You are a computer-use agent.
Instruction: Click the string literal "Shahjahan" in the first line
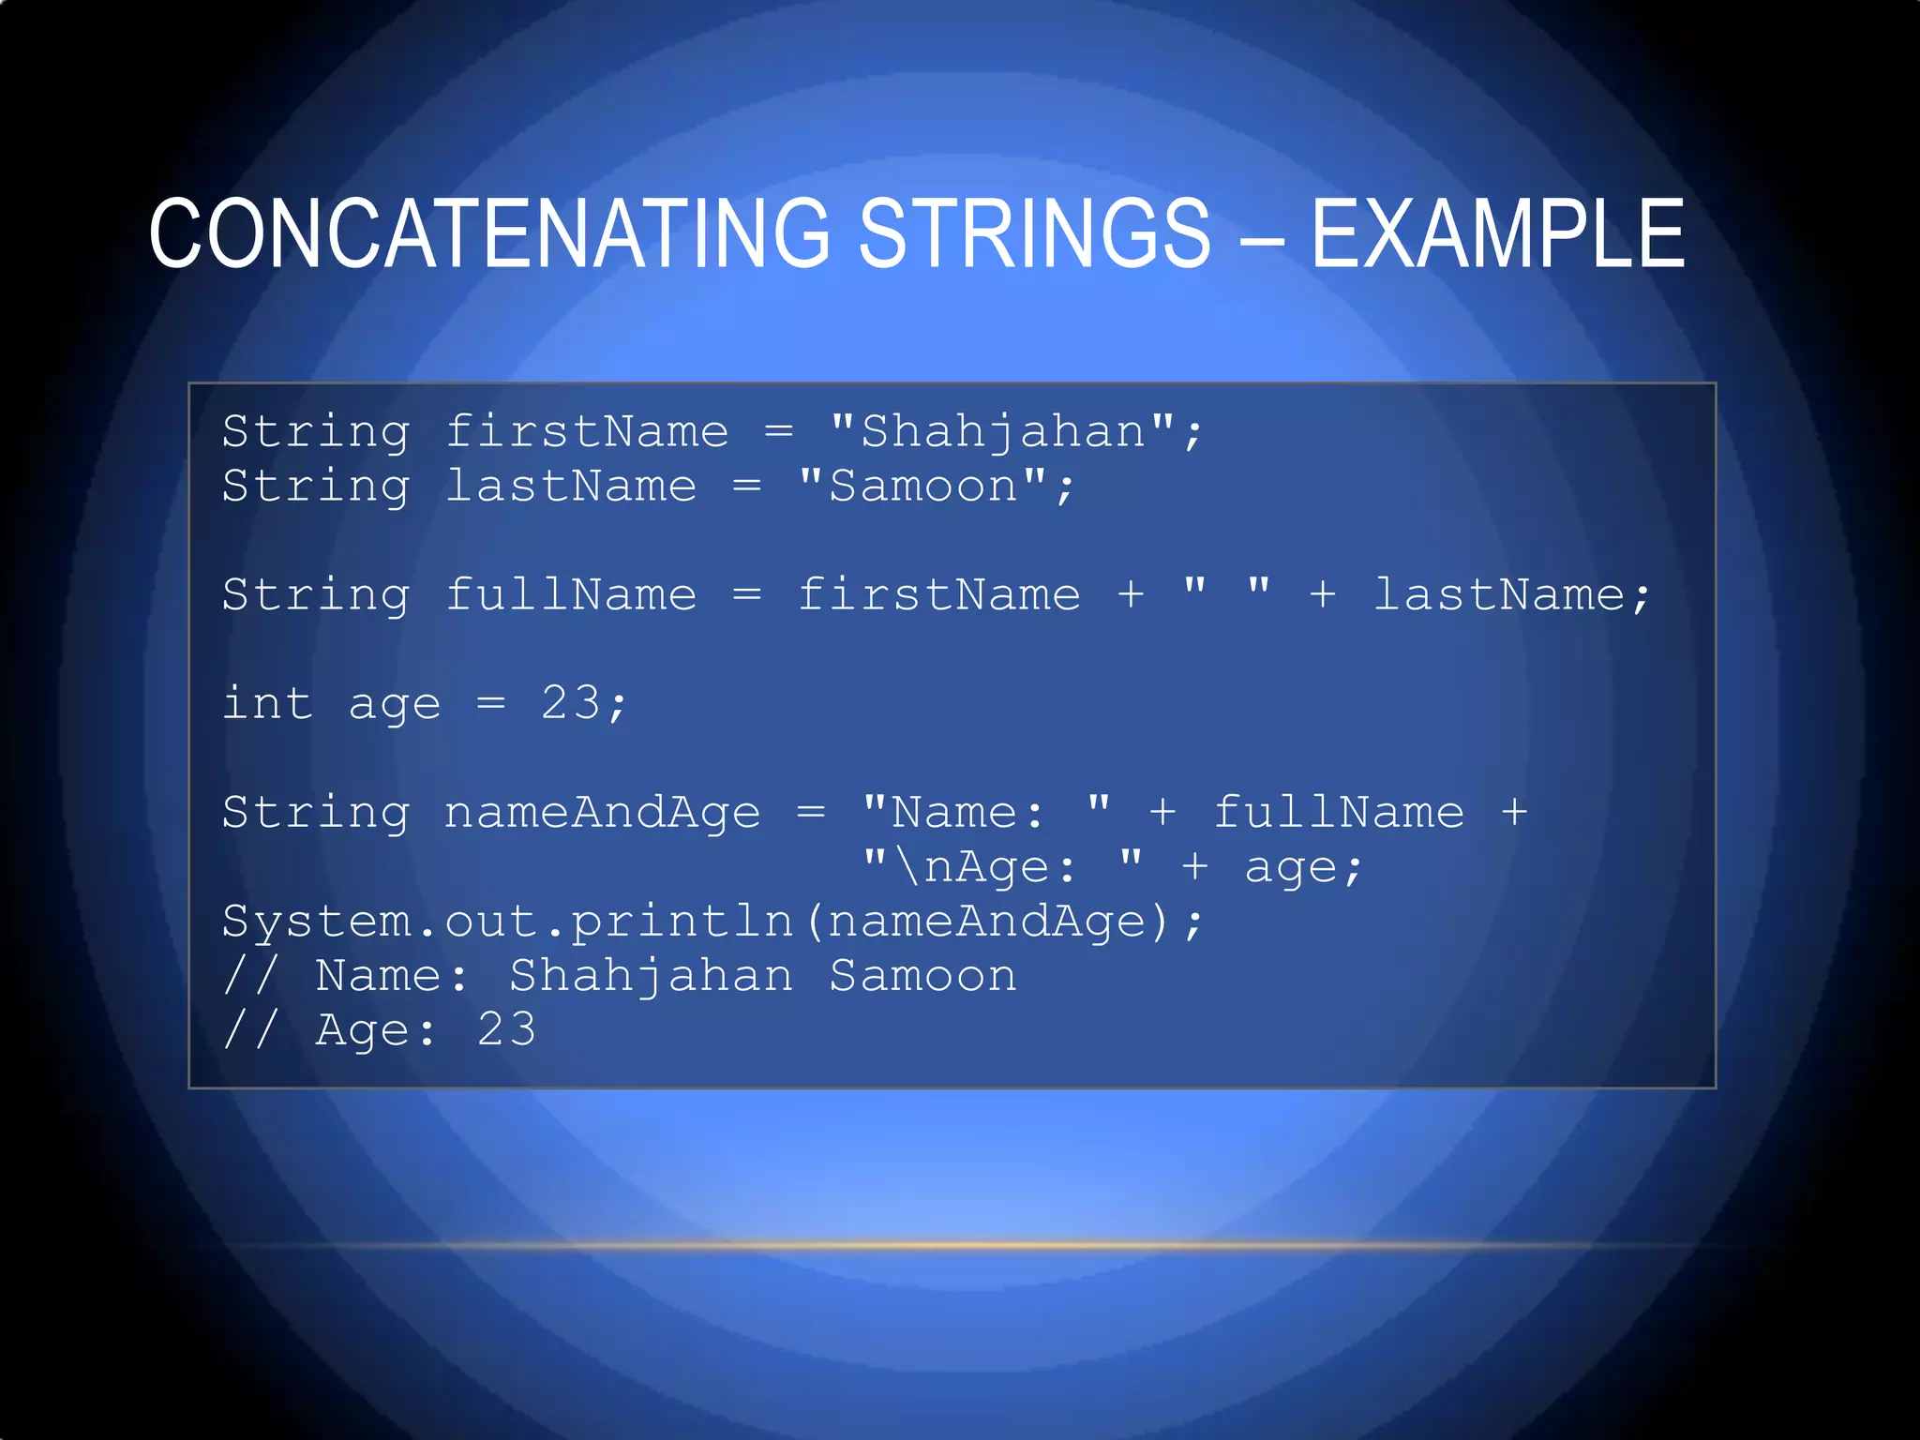[x=1002, y=432]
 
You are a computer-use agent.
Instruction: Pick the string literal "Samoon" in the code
[x=922, y=487]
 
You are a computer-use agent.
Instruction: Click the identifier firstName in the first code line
[x=586, y=432]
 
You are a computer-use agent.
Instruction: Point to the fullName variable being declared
[x=570, y=595]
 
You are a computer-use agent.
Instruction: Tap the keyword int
[x=267, y=703]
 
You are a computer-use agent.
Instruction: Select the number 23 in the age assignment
[x=570, y=703]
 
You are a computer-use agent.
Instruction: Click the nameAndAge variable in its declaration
[x=602, y=813]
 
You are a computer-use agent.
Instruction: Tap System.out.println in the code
[x=506, y=922]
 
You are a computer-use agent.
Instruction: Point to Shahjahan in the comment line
[x=651, y=976]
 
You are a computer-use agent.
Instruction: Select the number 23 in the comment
[x=506, y=1030]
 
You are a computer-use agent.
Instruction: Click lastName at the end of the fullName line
[x=1498, y=595]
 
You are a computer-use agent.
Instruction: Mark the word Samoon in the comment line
[x=922, y=976]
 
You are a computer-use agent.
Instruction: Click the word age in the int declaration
[x=394, y=705]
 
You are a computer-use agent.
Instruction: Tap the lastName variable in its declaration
[x=570, y=487]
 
